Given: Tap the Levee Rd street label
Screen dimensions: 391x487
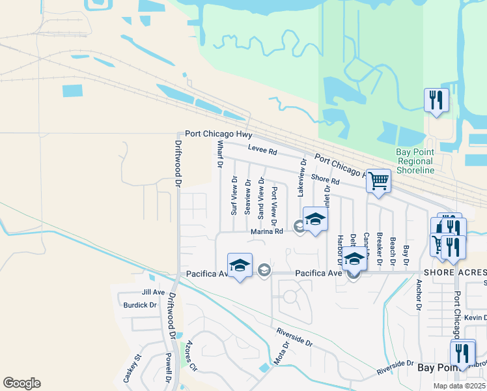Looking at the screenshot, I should [x=262, y=151].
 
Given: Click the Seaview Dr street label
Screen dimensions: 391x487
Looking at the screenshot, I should [x=247, y=197].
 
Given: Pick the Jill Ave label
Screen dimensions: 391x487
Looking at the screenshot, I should [x=154, y=293].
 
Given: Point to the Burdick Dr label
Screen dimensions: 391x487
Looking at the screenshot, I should [x=140, y=305].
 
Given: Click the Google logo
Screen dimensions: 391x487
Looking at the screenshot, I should [x=21, y=383].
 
